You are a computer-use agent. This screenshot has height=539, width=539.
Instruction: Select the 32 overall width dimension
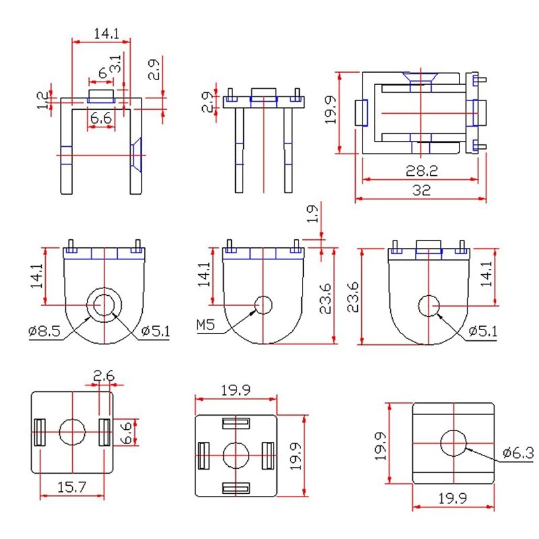coord(421,191)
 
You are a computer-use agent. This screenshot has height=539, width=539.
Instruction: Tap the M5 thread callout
coord(206,326)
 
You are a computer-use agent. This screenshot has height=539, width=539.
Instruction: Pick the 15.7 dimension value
coord(72,486)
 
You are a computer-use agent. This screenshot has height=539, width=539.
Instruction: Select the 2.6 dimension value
coord(104,377)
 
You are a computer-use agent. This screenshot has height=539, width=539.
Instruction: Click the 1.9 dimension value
coord(312,214)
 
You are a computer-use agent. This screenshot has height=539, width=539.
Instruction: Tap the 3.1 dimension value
coord(116,65)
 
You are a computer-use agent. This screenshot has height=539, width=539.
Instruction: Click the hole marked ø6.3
coord(454,442)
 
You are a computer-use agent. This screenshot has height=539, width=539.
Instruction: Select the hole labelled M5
coord(263,305)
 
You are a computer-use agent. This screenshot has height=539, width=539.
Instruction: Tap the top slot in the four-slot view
coord(236,422)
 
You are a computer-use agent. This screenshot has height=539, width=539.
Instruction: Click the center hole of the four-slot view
coord(236,455)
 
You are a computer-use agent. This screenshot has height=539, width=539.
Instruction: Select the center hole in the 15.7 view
coord(72,432)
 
